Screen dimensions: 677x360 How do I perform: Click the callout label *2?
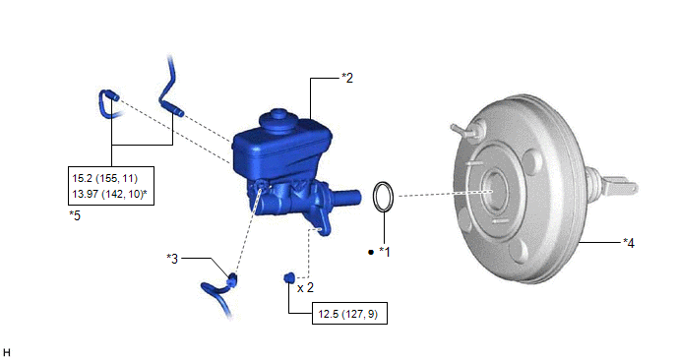[347, 78]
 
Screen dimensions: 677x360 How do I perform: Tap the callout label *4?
[629, 243]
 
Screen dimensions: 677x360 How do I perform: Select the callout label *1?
[385, 252]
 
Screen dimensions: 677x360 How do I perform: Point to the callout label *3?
[172, 259]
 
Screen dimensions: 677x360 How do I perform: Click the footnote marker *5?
[75, 215]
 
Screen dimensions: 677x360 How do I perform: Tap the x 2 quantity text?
[305, 287]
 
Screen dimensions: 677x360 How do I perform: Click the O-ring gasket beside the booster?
[383, 197]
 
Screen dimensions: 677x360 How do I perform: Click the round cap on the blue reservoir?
[277, 120]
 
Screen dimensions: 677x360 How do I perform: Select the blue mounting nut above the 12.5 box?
[289, 277]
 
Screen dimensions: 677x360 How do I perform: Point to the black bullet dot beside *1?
[370, 252]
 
